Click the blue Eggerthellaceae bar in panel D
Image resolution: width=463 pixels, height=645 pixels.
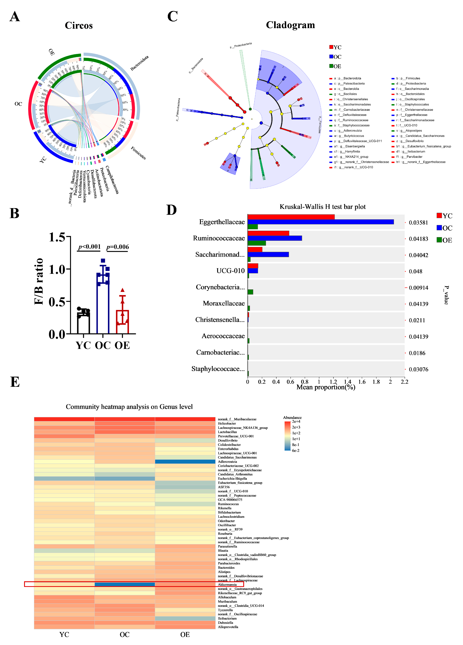pos(321,222)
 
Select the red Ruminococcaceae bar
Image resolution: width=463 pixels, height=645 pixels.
pos(268,233)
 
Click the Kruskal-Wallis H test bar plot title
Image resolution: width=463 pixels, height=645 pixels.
pos(322,207)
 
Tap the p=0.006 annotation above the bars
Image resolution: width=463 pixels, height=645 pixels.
pos(117,247)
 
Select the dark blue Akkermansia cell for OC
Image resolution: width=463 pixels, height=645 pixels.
pos(125,584)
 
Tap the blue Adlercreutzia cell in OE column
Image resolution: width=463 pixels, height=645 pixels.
pos(185,462)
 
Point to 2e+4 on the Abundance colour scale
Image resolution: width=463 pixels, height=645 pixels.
pos(296,422)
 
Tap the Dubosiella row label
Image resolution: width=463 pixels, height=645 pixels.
pos(225,623)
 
